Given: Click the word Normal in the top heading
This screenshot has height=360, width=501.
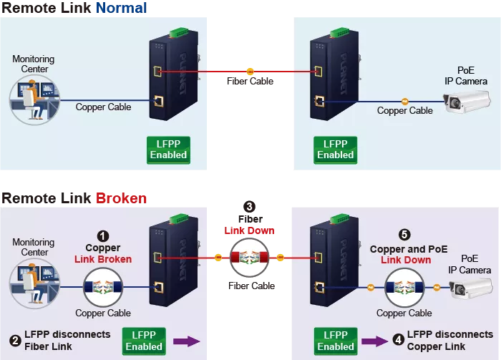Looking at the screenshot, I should (x=121, y=9).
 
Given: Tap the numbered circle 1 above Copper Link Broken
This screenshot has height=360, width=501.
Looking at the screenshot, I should (x=103, y=235).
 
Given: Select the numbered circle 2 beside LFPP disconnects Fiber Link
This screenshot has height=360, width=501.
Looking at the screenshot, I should (x=15, y=340).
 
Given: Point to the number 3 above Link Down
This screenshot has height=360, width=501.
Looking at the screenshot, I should (x=248, y=207).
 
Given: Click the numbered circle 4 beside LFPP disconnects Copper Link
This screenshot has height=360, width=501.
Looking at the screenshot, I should (x=398, y=340).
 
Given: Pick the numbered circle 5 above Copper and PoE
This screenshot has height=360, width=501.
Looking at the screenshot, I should (x=406, y=234).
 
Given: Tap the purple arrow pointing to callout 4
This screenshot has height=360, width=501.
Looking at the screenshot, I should (x=372, y=341).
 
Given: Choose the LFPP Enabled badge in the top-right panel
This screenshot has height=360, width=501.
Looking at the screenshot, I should (x=335, y=150).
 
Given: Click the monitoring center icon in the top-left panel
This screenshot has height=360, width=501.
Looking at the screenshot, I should (x=33, y=97).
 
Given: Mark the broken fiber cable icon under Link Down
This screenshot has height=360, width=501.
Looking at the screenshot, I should (x=248, y=257).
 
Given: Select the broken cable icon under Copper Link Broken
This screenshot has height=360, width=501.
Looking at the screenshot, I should (x=103, y=286).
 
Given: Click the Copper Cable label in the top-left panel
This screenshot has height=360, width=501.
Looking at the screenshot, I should (x=103, y=107).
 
